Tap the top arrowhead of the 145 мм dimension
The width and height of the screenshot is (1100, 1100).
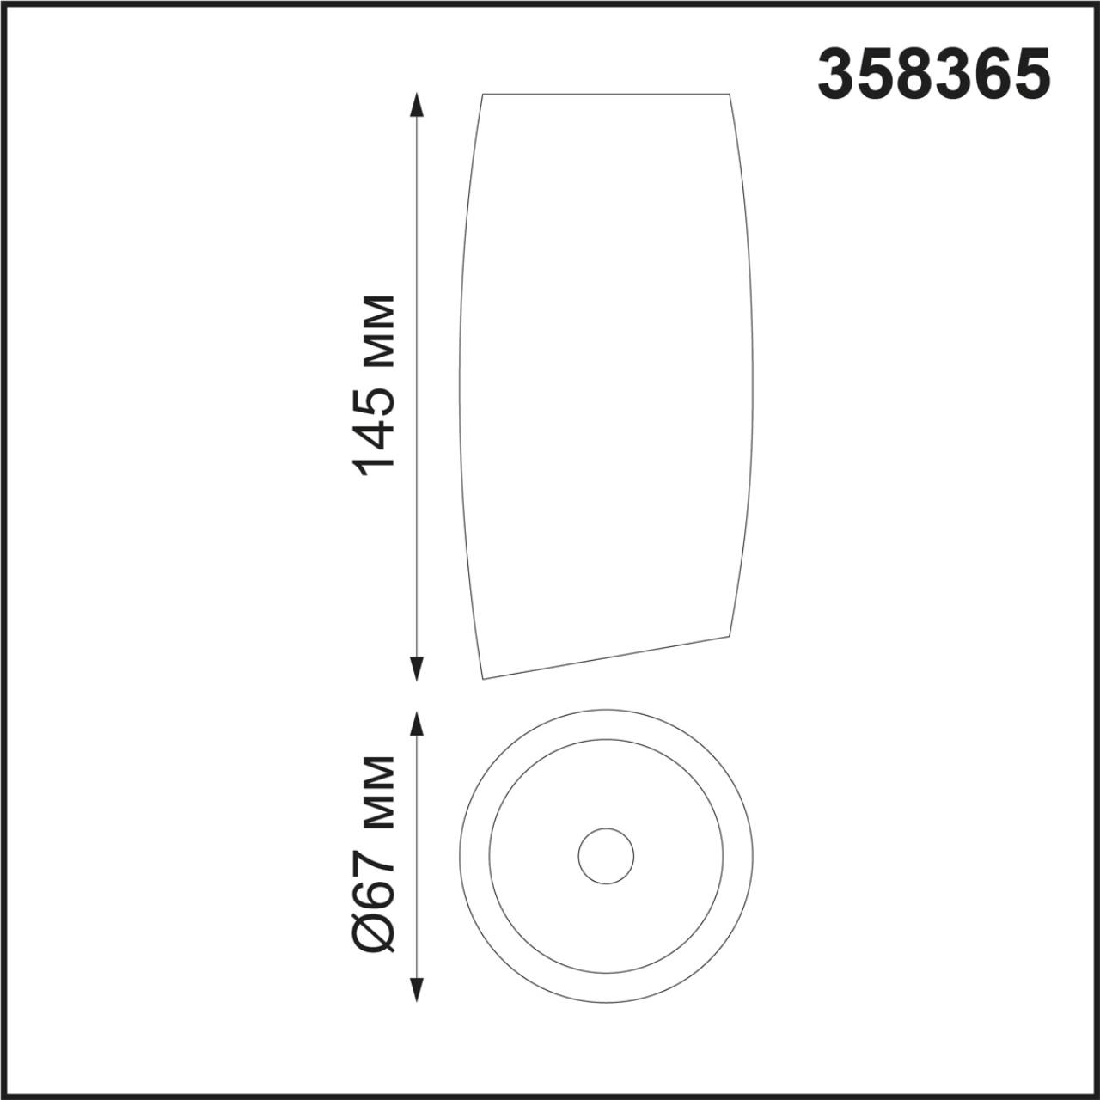point(418,105)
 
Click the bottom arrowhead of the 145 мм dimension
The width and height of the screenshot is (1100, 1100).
point(418,669)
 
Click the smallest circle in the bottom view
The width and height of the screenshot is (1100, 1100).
point(606,857)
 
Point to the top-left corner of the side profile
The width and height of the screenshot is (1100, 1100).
point(482,94)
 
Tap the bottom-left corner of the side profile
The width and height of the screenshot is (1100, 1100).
point(484,679)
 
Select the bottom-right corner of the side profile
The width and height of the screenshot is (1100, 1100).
point(730,636)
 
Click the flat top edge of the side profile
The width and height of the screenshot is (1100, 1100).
point(606,94)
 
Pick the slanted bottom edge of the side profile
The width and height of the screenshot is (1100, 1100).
point(606,657)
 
